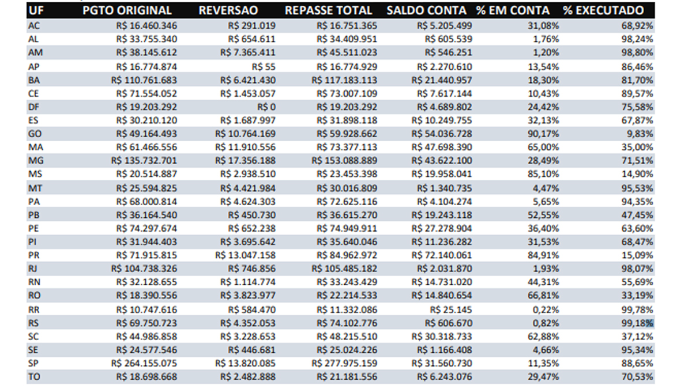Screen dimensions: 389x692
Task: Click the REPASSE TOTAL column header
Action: coord(328,10)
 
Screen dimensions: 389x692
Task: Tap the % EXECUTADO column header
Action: coord(603,10)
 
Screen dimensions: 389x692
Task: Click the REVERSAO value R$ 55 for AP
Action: coord(266,66)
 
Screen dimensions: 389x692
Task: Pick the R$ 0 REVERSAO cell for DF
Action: coord(266,107)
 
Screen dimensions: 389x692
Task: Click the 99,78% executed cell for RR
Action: coord(638,309)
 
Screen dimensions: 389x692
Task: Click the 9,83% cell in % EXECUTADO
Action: coord(640,134)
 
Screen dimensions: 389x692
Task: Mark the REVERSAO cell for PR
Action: coord(245,255)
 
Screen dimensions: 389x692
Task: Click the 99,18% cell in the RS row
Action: coord(638,323)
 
